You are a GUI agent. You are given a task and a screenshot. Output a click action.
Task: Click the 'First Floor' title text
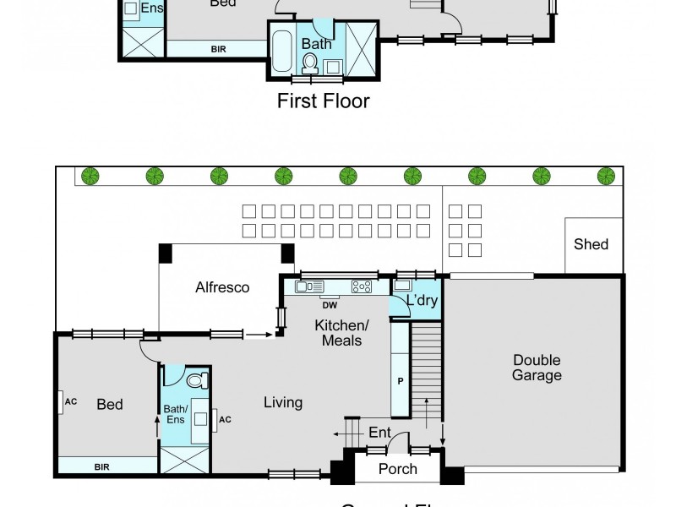324,102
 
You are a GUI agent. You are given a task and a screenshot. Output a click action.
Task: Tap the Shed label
591,244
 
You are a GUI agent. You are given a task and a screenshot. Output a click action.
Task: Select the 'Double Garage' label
537,368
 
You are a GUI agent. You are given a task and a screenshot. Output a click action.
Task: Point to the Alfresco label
222,287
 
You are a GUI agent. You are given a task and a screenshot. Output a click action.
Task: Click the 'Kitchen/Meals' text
338,333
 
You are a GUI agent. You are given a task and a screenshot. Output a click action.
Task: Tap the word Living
282,403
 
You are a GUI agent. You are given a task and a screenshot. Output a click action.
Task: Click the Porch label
397,469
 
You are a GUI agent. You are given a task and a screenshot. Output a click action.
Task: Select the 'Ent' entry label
379,433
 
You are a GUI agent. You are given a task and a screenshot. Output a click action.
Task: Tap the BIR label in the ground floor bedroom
101,466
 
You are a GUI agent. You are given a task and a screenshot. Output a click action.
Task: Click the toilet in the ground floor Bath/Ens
195,380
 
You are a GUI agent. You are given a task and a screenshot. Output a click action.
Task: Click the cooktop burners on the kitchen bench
363,286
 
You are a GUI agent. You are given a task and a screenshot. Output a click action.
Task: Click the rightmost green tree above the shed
605,176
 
